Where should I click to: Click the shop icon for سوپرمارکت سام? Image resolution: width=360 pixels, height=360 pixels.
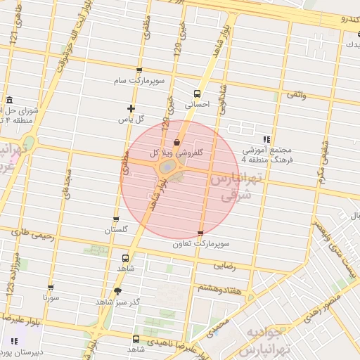[139, 70]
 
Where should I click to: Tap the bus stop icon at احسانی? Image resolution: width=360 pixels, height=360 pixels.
[197, 93]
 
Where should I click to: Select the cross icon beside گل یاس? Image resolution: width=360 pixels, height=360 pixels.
[131, 108]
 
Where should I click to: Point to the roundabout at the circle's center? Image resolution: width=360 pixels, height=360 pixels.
[169, 167]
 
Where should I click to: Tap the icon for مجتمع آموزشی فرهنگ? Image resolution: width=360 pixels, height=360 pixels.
[266, 139]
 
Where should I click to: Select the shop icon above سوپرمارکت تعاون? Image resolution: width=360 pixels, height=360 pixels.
[201, 233]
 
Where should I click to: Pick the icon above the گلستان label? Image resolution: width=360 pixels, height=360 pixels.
[116, 219]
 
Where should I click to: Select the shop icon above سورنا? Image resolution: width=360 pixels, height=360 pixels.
[51, 287]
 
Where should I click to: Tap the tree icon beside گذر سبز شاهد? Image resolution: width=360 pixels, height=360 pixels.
[117, 291]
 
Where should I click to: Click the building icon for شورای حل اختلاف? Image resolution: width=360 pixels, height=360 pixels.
[8, 100]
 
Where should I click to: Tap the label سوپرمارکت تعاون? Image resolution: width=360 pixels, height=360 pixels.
[204, 244]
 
